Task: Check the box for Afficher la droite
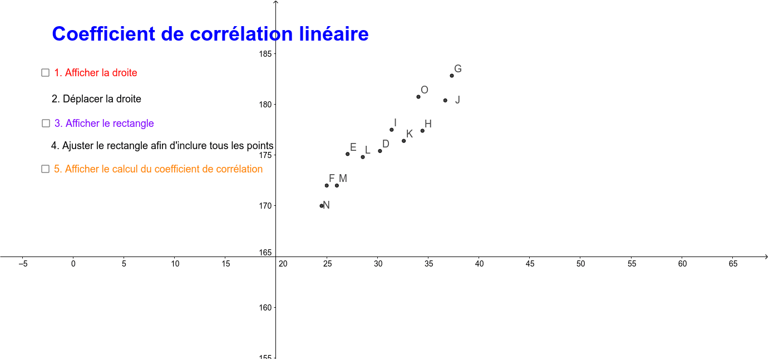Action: (45, 73)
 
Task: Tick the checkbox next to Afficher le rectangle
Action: (46, 123)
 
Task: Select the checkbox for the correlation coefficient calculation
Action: (45, 169)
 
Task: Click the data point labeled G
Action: (452, 76)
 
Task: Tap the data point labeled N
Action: (322, 206)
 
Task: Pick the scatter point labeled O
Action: (418, 97)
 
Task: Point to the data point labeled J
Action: (445, 101)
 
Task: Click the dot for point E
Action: (348, 154)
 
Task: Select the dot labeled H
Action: (422, 131)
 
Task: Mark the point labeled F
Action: (327, 186)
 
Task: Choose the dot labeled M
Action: (337, 186)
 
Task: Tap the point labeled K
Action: (404, 141)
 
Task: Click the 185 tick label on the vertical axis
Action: (265, 54)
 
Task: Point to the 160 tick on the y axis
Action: (265, 308)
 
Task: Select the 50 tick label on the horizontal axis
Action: (580, 264)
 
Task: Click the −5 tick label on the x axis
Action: (23, 264)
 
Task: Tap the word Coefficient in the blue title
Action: (103, 34)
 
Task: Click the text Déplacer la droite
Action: (102, 99)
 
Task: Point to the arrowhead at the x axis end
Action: (766, 257)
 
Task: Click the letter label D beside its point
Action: (386, 144)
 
